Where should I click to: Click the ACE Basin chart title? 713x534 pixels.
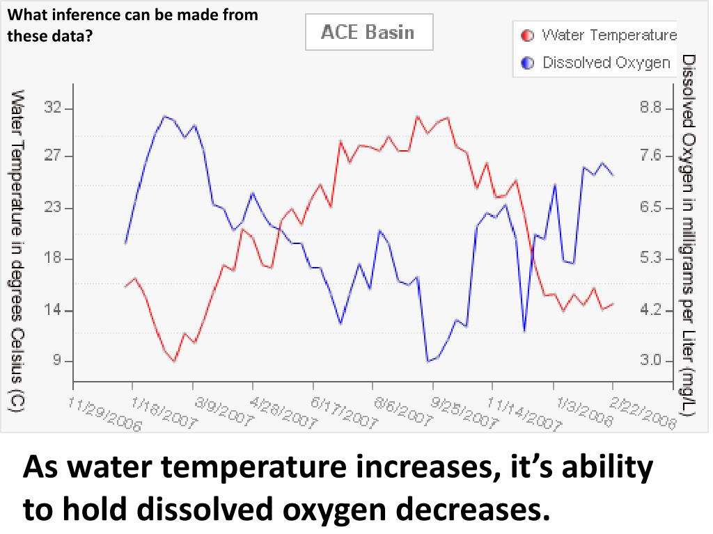[368, 33]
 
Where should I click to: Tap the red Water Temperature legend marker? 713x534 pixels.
[527, 35]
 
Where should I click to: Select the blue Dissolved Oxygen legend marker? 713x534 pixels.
[527, 63]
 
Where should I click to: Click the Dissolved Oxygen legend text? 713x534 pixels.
[606, 63]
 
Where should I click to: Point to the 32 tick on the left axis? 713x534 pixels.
[53, 108]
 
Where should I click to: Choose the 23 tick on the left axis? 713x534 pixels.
[53, 208]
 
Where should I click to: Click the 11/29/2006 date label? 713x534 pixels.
[104, 414]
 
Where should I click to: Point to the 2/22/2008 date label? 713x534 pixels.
[643, 414]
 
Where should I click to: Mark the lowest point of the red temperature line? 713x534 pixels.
[174, 361]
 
